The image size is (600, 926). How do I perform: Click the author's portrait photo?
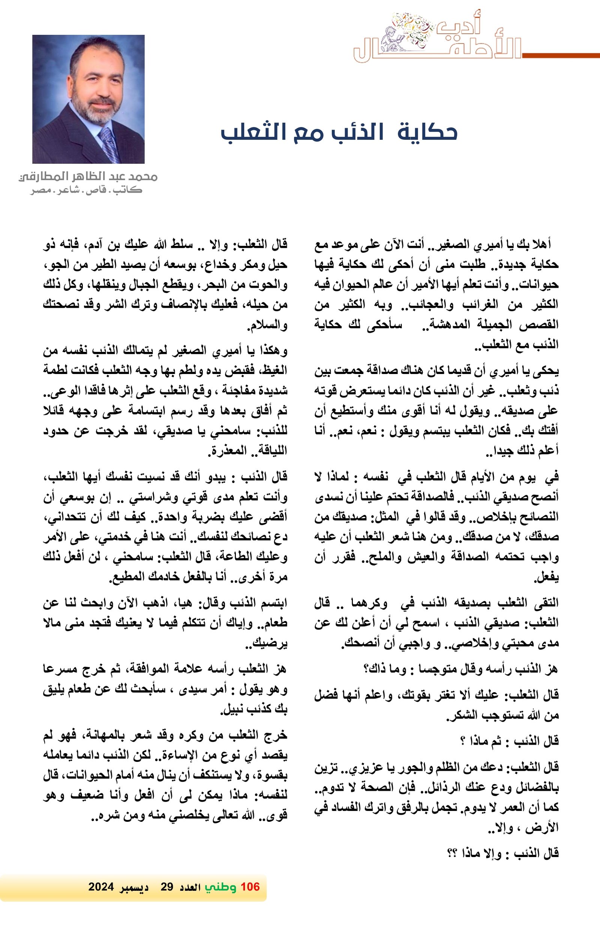pyautogui.click(x=88, y=99)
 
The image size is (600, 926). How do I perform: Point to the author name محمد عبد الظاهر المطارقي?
pyautogui.click(x=88, y=177)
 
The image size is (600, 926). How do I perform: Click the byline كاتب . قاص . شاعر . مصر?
pyautogui.click(x=86, y=191)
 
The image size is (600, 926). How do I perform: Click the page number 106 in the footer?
pyautogui.click(x=250, y=887)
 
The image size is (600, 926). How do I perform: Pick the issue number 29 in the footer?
pyautogui.click(x=166, y=887)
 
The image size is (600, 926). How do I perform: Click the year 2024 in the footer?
pyautogui.click(x=101, y=887)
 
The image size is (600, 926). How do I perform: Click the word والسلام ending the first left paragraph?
pyautogui.click(x=267, y=325)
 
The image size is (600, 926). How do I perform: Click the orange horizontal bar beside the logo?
pyautogui.click(x=561, y=55)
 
